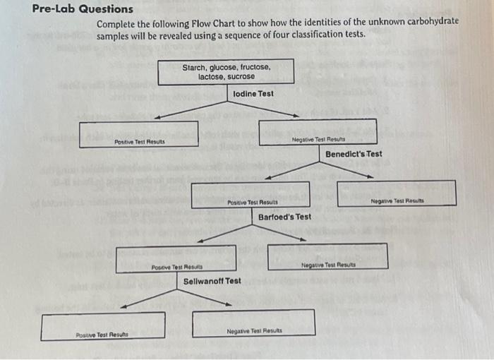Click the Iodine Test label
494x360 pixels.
coord(253,93)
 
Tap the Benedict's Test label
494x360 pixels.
coord(354,154)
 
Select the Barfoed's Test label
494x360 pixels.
coord(284,217)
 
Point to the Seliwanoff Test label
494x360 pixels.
coord(212,280)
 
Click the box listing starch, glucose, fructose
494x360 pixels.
coord(227,71)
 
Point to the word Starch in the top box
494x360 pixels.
coord(194,67)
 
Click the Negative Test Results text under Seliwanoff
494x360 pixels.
coord(254,330)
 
